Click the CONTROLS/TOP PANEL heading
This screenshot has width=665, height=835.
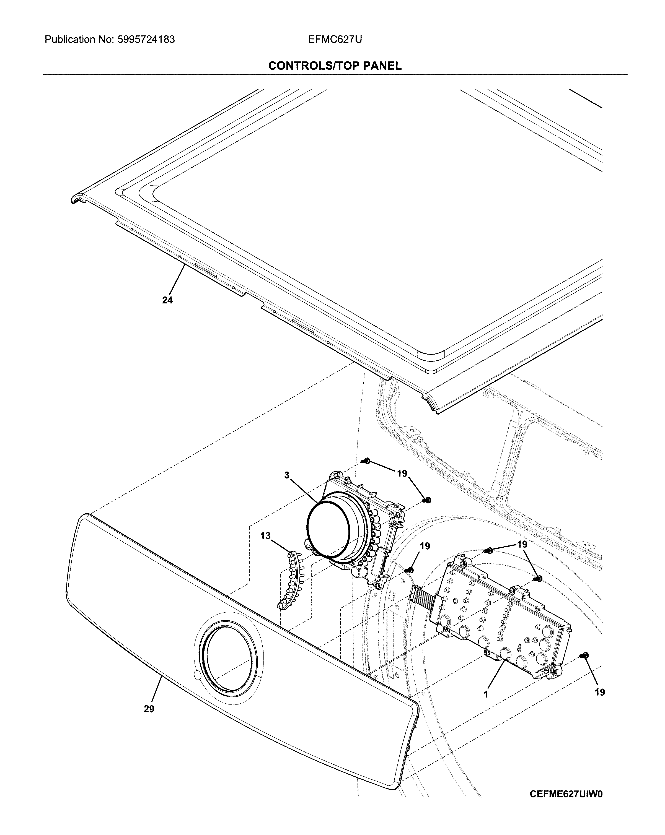click(335, 66)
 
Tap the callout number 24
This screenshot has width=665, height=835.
click(167, 300)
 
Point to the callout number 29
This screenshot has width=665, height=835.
click(149, 709)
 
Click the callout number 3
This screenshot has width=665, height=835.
click(286, 475)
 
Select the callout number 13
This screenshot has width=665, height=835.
click(265, 536)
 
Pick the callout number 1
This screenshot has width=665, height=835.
click(486, 694)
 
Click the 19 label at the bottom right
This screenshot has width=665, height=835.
click(599, 692)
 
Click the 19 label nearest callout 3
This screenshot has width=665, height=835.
click(402, 473)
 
